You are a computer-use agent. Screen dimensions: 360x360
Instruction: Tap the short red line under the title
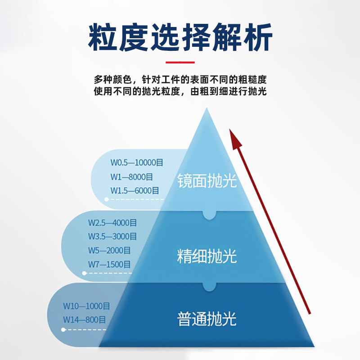click(x=180, y=63)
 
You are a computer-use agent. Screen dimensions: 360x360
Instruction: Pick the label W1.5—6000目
click(x=135, y=190)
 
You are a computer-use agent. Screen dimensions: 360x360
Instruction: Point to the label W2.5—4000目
click(x=112, y=223)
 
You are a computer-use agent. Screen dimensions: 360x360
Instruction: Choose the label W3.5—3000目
click(x=112, y=236)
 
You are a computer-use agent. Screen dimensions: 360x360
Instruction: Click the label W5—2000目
click(x=109, y=250)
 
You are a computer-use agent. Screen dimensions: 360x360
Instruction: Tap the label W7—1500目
click(x=109, y=264)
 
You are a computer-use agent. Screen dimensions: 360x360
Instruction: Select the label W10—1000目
click(x=86, y=306)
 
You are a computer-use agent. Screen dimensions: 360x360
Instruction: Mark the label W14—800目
click(x=84, y=320)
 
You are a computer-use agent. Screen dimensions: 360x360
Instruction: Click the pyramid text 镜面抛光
click(x=207, y=181)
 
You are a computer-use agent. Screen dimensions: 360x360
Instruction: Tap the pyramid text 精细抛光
click(x=207, y=257)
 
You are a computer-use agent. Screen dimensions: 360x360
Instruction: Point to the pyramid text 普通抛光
click(x=207, y=319)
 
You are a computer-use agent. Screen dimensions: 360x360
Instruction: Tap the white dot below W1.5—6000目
click(x=106, y=198)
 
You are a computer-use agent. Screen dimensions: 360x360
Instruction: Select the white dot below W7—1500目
click(x=84, y=273)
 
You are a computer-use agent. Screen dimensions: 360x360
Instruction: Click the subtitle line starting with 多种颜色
click(x=180, y=80)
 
